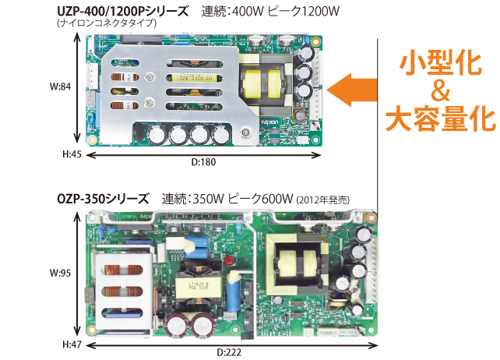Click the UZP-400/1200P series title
point(123,12)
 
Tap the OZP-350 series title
point(102,199)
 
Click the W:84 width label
point(60,87)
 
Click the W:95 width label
point(60,274)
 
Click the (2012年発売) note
point(322,200)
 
